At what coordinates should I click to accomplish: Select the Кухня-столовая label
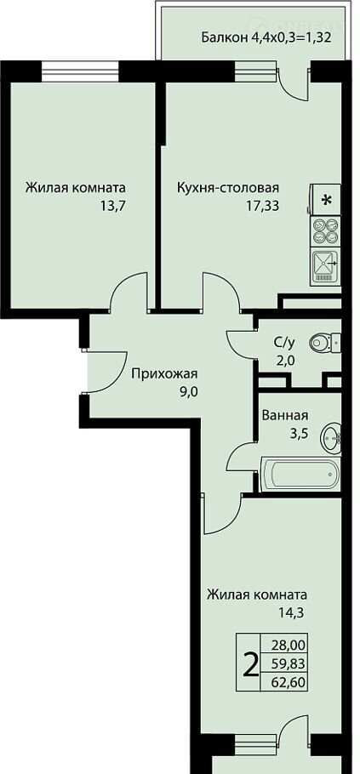click(x=228, y=188)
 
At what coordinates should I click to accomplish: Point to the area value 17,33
click(x=263, y=205)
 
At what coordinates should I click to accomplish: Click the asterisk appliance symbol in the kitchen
click(x=326, y=200)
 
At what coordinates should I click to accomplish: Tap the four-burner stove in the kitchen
click(x=326, y=231)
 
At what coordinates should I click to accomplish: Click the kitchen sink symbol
click(x=326, y=267)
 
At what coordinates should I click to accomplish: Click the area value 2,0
click(x=285, y=361)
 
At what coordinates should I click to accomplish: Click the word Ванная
click(x=285, y=416)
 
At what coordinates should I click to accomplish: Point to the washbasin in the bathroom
click(x=330, y=437)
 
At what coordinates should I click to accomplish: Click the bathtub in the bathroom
click(x=300, y=474)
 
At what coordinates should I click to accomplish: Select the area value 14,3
click(x=290, y=612)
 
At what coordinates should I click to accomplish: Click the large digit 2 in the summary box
click(x=251, y=666)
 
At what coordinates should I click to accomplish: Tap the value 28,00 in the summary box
click(x=289, y=645)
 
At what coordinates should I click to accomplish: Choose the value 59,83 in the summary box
click(x=289, y=663)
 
